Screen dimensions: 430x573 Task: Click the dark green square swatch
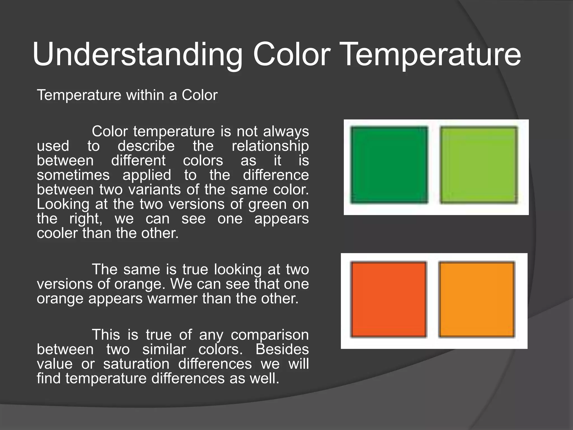click(389, 165)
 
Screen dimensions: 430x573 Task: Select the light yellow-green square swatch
click(479, 165)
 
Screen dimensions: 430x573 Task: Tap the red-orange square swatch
click(388, 299)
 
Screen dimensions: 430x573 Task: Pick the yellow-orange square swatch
click(477, 299)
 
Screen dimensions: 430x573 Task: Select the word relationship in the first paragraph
click(270, 146)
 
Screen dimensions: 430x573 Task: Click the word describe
click(146, 146)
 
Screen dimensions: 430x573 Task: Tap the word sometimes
click(73, 176)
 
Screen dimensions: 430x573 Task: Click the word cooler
click(58, 233)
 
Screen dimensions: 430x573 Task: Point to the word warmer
click(173, 299)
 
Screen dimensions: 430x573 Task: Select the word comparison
click(269, 335)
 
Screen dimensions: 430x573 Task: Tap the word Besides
click(282, 350)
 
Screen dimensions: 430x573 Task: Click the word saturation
click(136, 364)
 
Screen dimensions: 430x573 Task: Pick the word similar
click(164, 350)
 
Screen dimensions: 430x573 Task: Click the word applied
click(147, 176)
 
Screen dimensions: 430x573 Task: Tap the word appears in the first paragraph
click(281, 219)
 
